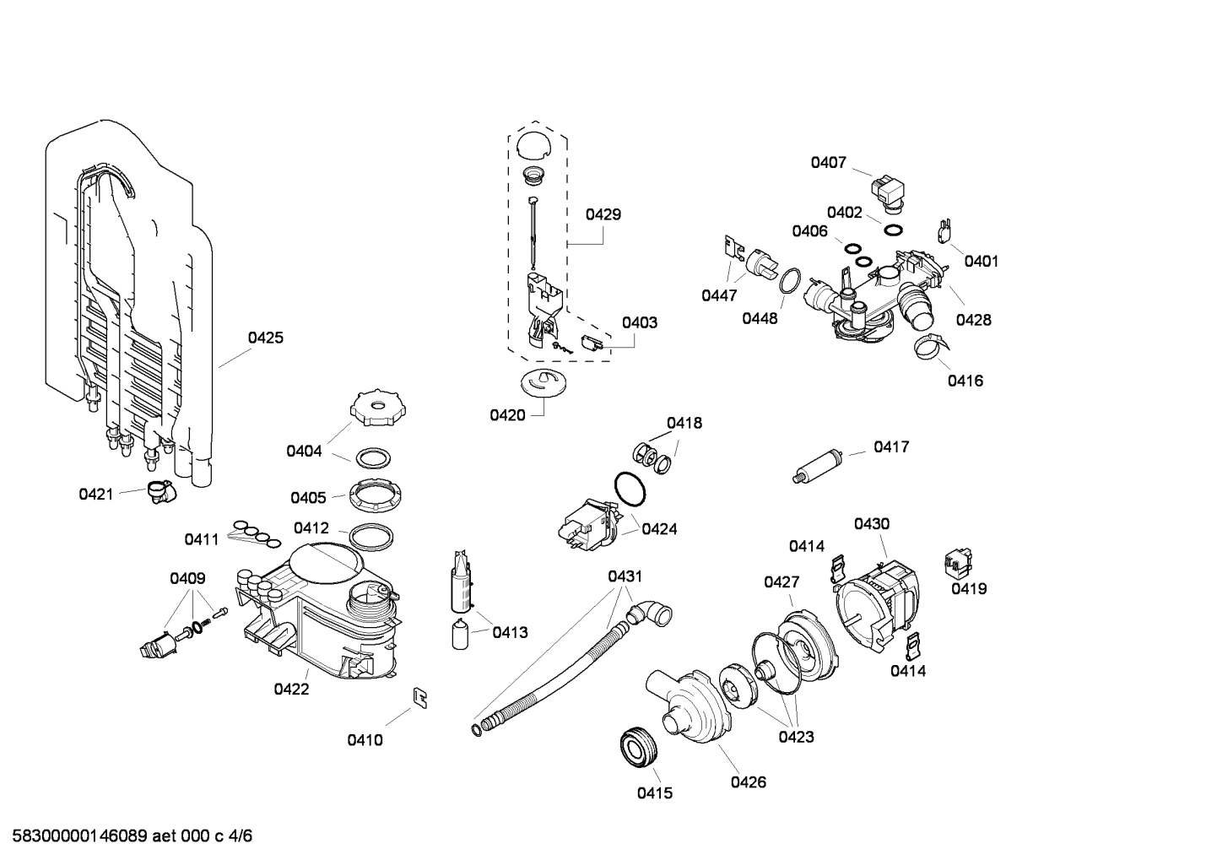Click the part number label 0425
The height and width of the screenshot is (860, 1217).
click(265, 338)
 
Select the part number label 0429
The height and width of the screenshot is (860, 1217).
click(603, 214)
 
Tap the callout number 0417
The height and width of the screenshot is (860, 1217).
click(891, 446)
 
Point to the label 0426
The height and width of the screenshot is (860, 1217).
click(748, 782)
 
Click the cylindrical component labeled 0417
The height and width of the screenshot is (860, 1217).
click(819, 467)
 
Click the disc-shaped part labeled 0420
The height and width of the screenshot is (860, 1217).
click(540, 381)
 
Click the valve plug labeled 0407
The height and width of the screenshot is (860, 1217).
click(888, 191)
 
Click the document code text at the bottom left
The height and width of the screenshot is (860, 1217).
click(127, 836)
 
